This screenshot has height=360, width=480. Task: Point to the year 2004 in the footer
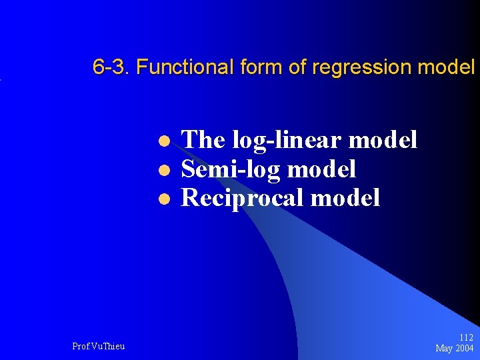(465, 348)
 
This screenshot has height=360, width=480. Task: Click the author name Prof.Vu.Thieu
(98, 346)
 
